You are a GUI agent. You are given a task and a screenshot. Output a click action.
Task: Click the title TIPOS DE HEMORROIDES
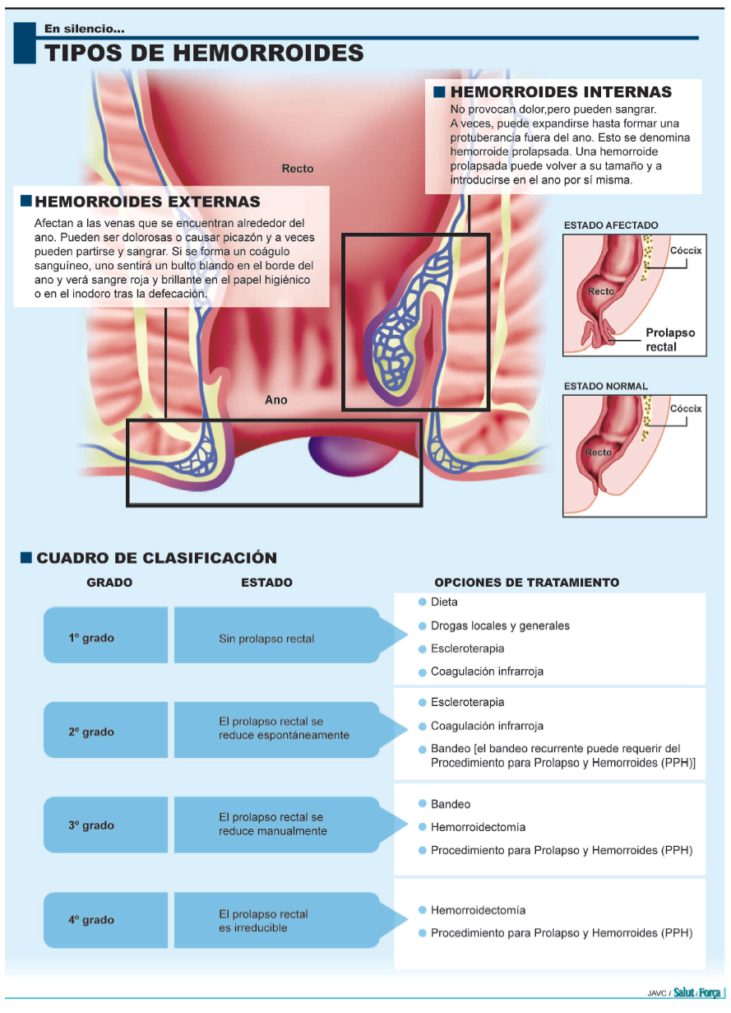[204, 53]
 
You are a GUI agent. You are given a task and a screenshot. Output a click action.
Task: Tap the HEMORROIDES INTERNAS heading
[561, 92]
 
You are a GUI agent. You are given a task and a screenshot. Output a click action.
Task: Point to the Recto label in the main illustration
[298, 169]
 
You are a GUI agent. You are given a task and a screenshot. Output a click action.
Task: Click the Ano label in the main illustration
[276, 400]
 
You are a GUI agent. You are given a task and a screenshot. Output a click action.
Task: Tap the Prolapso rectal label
[669, 340]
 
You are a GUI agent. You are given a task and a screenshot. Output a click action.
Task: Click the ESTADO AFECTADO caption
[611, 225]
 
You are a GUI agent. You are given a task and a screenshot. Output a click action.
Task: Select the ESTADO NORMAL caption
[606, 386]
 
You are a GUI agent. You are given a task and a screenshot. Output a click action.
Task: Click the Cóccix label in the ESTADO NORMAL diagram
[686, 408]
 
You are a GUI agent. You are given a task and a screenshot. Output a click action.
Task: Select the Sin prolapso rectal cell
[266, 639]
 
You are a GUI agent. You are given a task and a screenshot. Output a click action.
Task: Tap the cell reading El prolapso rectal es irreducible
[263, 921]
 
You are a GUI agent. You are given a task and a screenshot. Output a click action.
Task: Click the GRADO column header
[109, 583]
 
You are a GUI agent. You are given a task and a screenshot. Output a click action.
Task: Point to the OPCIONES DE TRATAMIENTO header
[526, 583]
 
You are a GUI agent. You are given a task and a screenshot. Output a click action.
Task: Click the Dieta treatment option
[444, 602]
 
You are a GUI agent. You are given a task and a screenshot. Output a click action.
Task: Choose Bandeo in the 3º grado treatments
[451, 804]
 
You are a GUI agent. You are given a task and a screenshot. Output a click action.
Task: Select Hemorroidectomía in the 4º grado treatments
[478, 910]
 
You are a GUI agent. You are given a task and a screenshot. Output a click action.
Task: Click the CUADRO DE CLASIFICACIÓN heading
[156, 558]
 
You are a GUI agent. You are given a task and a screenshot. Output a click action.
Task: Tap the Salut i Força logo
[696, 992]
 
